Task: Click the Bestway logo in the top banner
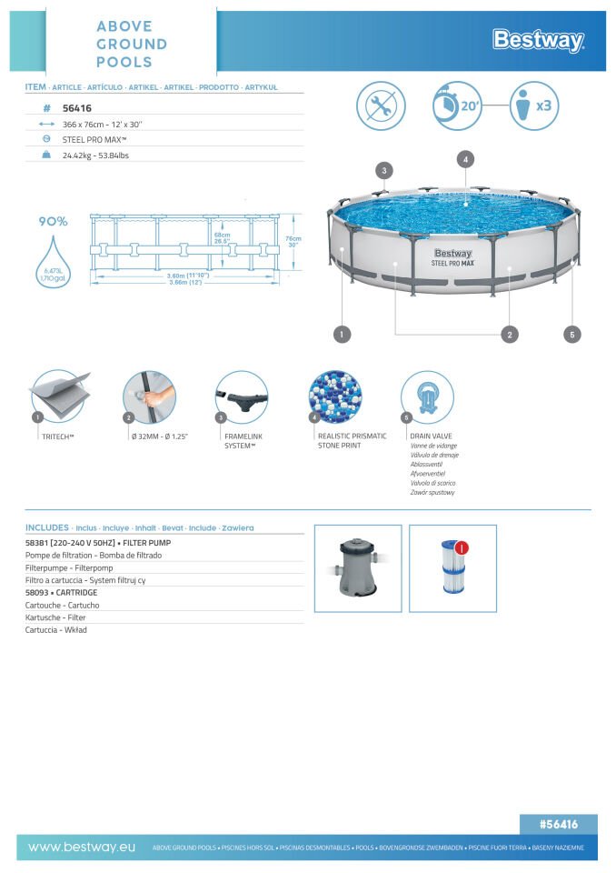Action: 538,40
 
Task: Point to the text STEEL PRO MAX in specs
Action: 94,139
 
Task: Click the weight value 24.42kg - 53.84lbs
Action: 95,156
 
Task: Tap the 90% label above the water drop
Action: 53,221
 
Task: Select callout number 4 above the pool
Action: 464,159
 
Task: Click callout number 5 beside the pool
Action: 571,335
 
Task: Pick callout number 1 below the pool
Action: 342,335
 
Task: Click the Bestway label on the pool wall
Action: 452,254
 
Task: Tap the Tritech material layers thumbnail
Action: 58,396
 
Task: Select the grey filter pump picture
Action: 357,567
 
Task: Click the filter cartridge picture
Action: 452,567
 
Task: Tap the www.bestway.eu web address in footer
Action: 82,847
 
